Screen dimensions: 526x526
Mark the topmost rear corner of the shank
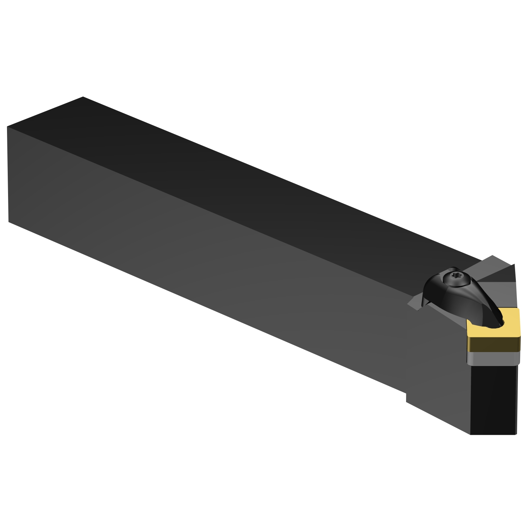(83, 97)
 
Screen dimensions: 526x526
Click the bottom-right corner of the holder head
(516, 434)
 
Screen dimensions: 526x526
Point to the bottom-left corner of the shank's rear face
(8, 222)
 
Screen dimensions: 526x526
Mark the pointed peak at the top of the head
(492, 255)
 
